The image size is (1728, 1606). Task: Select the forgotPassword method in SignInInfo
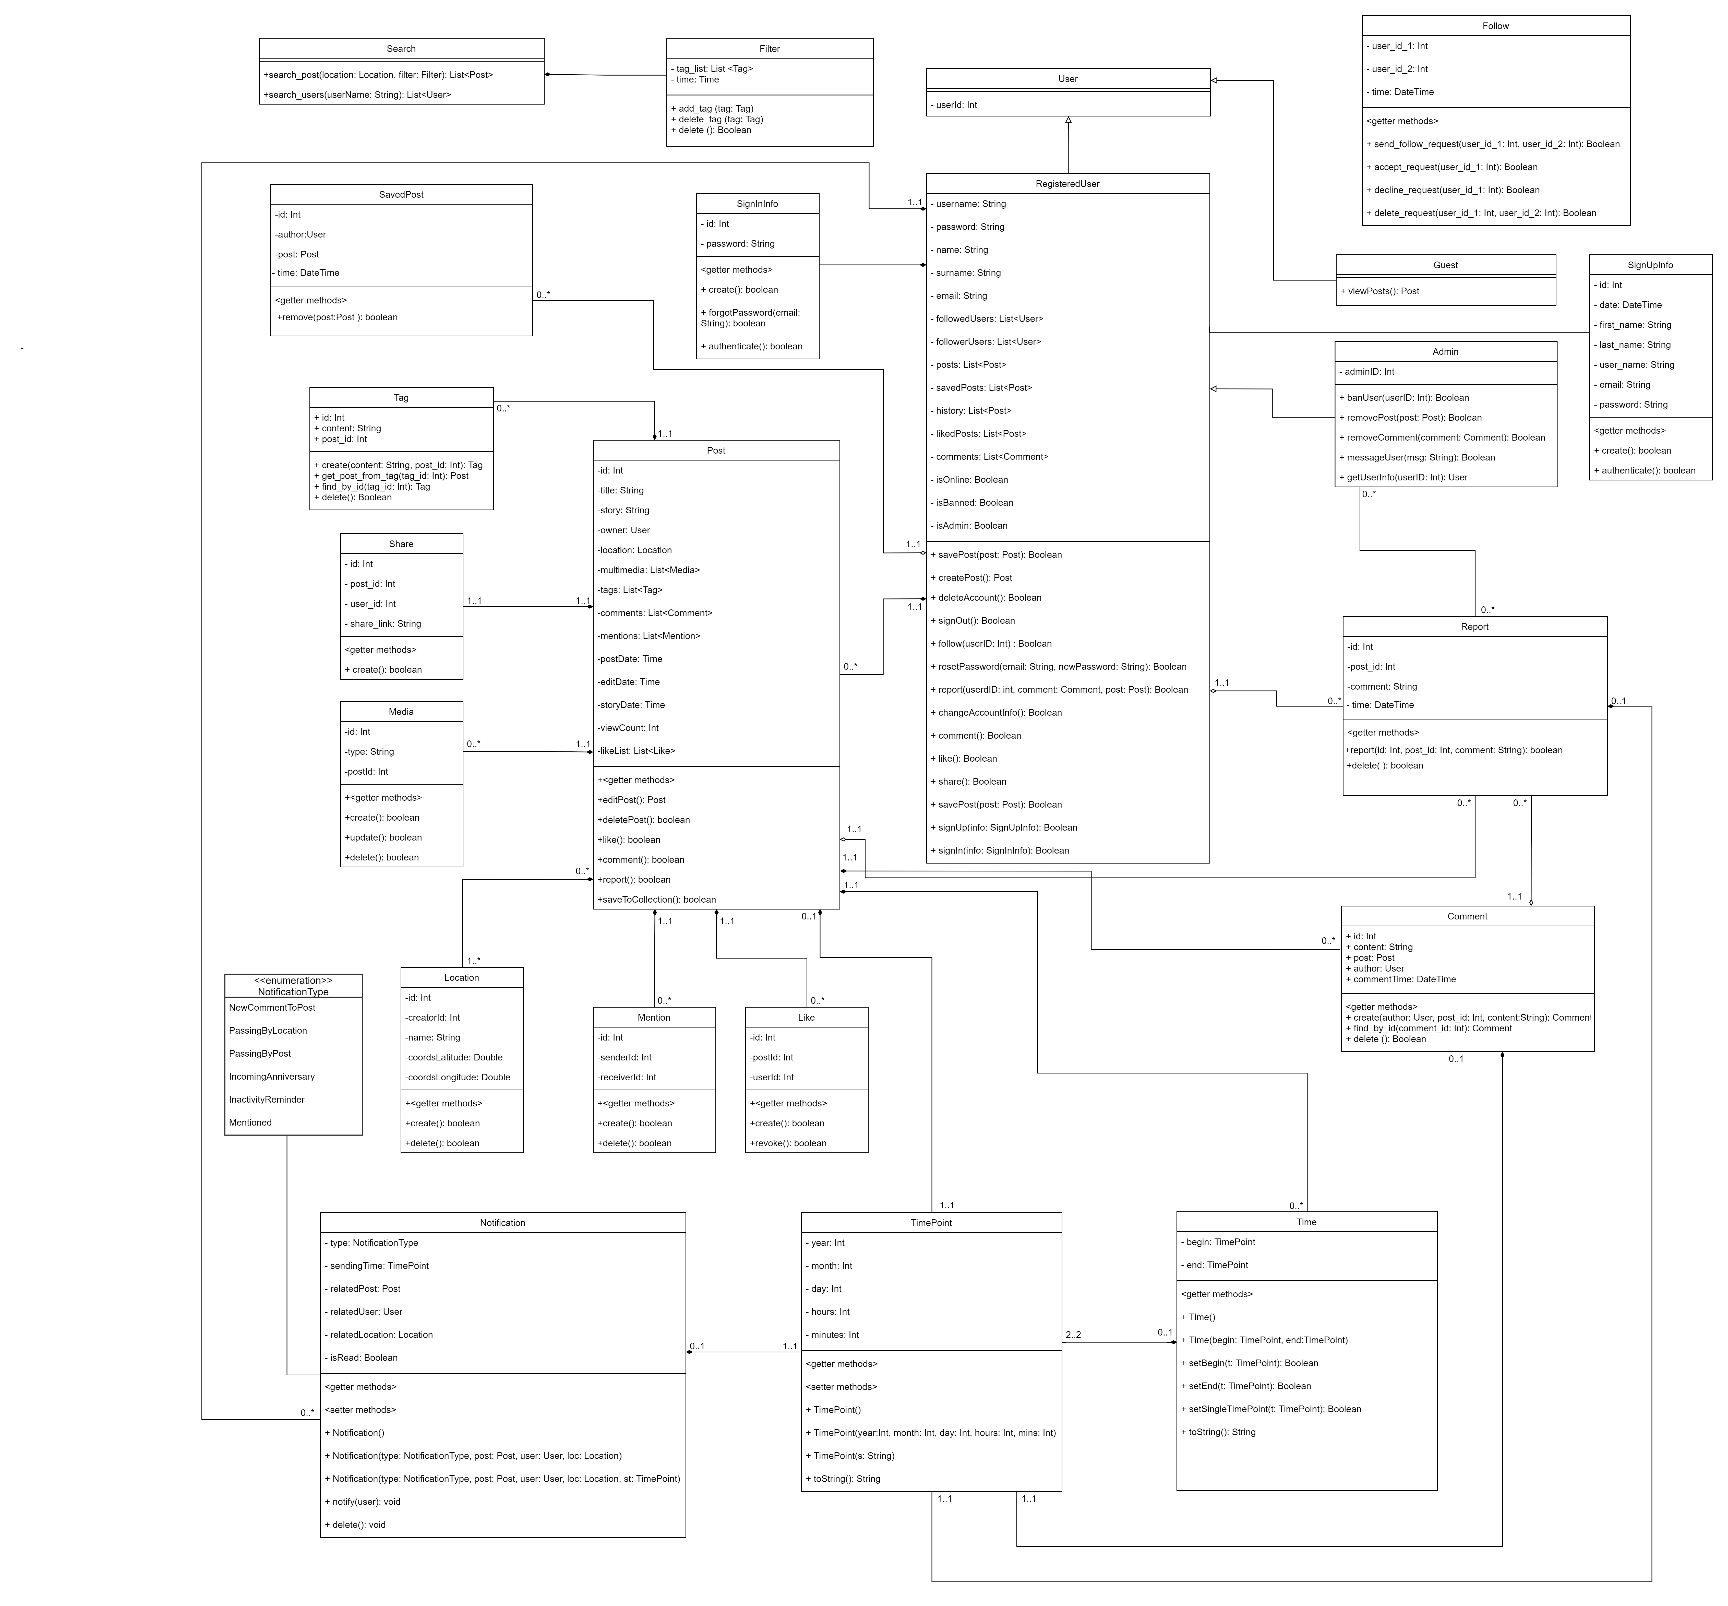(750, 317)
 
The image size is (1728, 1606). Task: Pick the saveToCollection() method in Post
(658, 900)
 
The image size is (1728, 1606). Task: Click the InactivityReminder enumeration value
(267, 1099)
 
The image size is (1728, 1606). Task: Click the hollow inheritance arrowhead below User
(1068, 120)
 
